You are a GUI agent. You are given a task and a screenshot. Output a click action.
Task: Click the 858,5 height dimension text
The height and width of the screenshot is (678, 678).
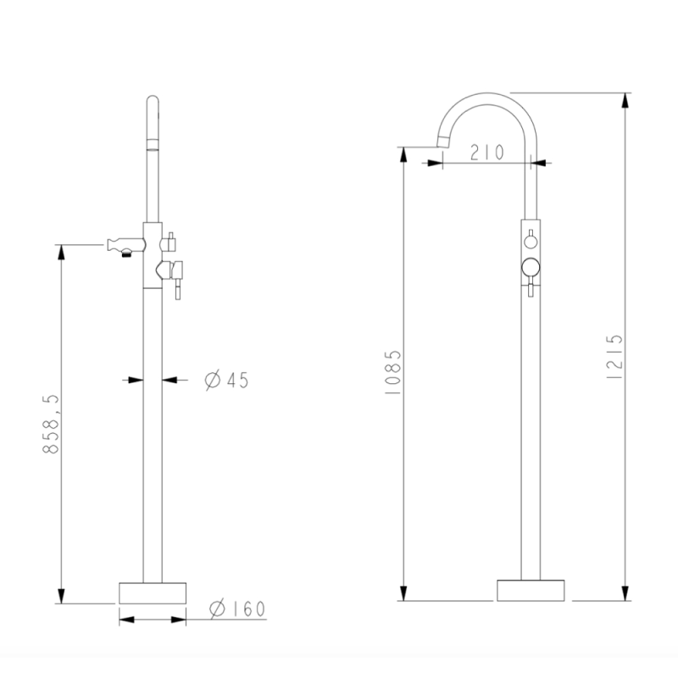click(51, 424)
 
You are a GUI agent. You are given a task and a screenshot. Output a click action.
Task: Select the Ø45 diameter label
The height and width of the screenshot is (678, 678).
click(226, 380)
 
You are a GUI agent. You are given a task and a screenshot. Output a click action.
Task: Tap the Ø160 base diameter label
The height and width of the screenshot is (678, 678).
click(237, 609)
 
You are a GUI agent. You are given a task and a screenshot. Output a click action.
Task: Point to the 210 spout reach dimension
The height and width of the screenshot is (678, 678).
click(486, 153)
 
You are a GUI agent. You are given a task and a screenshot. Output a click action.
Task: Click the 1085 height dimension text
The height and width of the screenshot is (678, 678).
click(393, 372)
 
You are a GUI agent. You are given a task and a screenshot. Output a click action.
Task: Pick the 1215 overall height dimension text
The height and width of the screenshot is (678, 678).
click(614, 357)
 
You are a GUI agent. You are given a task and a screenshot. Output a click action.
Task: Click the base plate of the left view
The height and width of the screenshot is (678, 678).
click(153, 592)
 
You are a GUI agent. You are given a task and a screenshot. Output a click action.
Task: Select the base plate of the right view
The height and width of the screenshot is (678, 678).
click(531, 590)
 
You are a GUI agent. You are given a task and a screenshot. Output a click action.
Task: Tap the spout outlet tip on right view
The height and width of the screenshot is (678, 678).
click(442, 142)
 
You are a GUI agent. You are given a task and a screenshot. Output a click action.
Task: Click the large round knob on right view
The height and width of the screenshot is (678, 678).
click(531, 267)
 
